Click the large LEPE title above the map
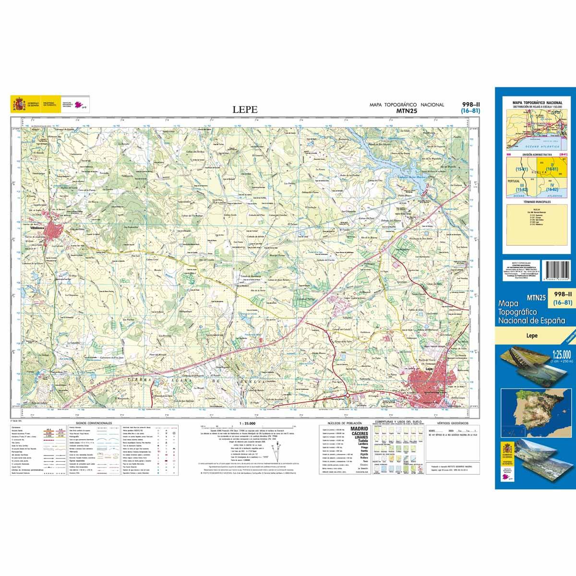coord(245,110)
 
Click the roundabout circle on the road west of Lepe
coord(347,395)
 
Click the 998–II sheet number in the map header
coord(469,104)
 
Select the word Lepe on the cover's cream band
coord(531,336)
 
